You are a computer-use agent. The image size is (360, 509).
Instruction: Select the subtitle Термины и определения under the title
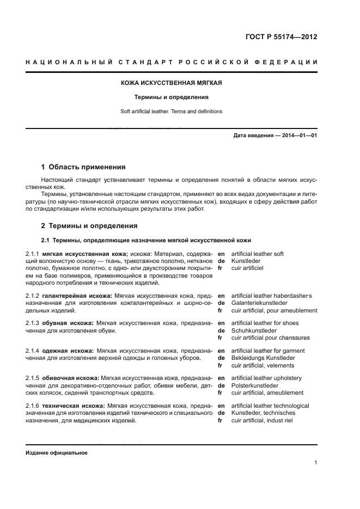point(172,97)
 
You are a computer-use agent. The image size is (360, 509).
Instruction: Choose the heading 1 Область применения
point(83,167)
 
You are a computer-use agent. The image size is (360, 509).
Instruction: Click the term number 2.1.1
point(33,254)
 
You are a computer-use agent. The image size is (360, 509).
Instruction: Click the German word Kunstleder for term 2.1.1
point(246,261)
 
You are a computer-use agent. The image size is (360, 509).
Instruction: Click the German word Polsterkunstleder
point(254,385)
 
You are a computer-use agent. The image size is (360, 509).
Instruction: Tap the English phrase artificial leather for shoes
point(265,323)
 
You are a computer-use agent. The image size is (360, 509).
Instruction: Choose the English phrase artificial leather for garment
point(268,351)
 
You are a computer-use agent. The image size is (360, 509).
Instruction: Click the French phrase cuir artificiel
point(247,268)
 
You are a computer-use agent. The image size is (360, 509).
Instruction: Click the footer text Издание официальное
point(57,453)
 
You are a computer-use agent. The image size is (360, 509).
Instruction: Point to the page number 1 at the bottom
point(315,463)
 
